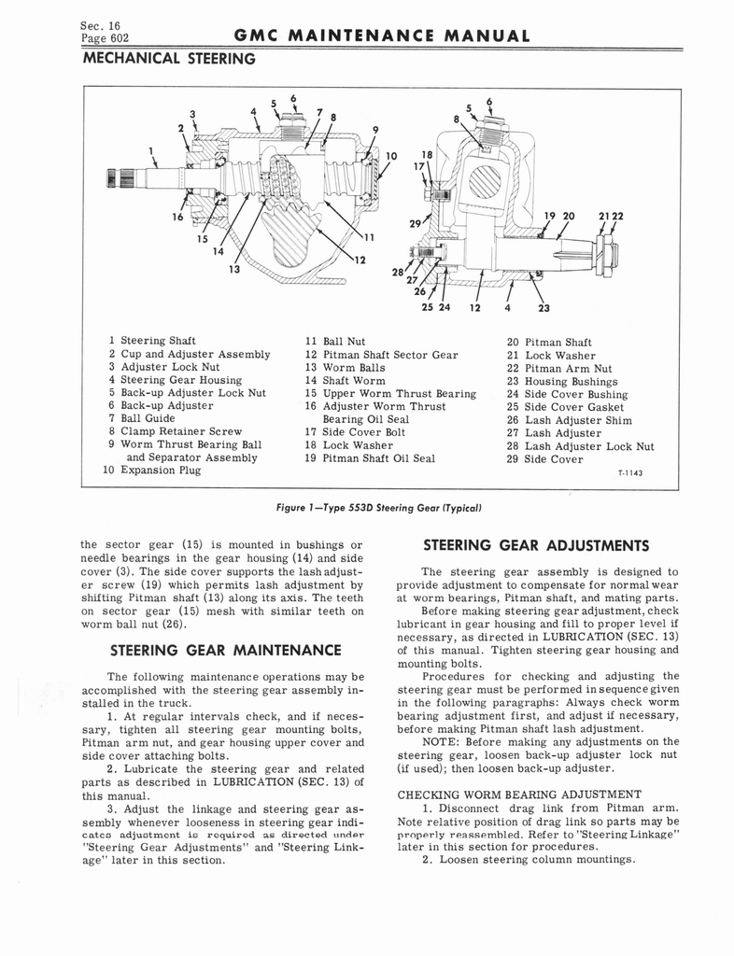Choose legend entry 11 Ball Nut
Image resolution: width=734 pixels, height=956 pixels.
pos(334,342)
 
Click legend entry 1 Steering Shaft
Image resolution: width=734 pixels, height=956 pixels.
pos(152,342)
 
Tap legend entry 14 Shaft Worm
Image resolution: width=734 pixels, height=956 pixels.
pos(345,381)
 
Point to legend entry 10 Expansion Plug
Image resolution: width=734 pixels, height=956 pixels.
pos(152,470)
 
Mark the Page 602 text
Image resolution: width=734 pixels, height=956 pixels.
pos(106,38)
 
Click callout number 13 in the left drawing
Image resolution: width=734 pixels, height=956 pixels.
pos(233,269)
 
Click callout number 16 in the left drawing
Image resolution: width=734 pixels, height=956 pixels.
pos(176,218)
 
